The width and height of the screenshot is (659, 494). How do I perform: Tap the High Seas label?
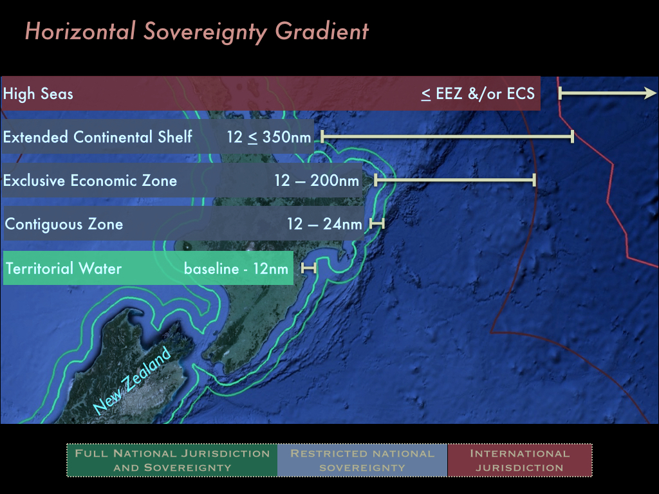click(x=38, y=94)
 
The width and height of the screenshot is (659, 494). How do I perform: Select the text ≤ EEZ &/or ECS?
click(x=478, y=93)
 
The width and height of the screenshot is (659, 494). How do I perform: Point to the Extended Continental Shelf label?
click(x=98, y=136)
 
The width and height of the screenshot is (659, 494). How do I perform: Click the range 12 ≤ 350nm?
click(x=269, y=137)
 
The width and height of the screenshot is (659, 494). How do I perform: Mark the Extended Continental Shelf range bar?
click(x=447, y=136)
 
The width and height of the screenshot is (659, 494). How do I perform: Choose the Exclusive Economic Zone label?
click(x=90, y=180)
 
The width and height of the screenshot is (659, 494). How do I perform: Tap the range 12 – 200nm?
click(x=317, y=180)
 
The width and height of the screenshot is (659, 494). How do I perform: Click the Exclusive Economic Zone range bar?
click(x=455, y=180)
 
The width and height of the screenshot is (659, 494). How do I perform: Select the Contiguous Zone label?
click(x=64, y=224)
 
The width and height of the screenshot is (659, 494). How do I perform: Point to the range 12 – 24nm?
click(x=324, y=224)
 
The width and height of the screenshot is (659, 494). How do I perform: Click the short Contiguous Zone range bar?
click(x=377, y=223)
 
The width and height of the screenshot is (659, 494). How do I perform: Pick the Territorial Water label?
click(x=64, y=268)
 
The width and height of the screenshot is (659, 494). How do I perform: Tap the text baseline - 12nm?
click(x=236, y=268)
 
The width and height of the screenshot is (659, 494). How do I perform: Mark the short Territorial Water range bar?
click(x=308, y=268)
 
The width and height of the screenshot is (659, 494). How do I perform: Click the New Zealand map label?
click(x=132, y=381)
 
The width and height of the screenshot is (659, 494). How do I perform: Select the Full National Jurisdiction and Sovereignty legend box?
click(x=172, y=461)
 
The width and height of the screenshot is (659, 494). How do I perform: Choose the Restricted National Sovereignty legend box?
click(x=362, y=461)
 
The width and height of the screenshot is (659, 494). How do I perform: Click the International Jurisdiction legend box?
click(x=520, y=461)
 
